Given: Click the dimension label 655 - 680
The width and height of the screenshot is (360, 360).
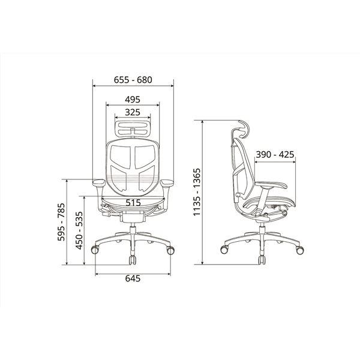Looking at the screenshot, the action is point(133,80).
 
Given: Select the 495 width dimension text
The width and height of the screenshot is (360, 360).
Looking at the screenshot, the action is point(133,100).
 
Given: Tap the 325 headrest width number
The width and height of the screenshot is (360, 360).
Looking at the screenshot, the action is point(133,112).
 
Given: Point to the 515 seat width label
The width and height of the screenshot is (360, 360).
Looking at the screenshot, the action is point(133,203).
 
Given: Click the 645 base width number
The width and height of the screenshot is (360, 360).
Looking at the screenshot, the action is point(133,278).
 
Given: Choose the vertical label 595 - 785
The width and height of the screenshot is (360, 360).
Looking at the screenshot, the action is point(61,222).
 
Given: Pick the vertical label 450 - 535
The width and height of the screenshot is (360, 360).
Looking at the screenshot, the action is point(79,230).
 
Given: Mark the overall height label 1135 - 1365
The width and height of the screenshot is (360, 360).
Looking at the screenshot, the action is point(197,192).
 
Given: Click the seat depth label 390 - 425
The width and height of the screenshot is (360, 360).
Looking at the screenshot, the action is point(275,155).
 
